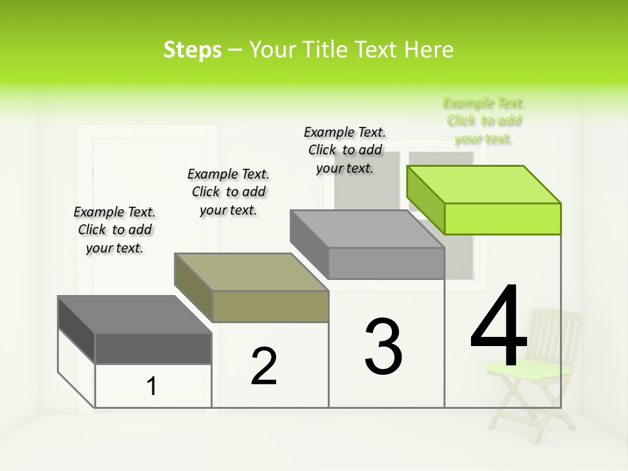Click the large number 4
click(x=498, y=327)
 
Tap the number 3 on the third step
click(x=383, y=347)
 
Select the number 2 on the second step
click(x=264, y=366)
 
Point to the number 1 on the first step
click(x=152, y=386)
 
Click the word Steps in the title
click(x=192, y=50)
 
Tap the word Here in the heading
click(x=430, y=50)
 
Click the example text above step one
click(x=114, y=230)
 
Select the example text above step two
click(x=228, y=192)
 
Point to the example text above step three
click(x=345, y=150)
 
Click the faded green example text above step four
click(x=484, y=121)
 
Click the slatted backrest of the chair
click(x=556, y=334)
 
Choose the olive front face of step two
click(x=270, y=306)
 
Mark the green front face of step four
click(x=502, y=218)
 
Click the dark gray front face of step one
click(x=153, y=348)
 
